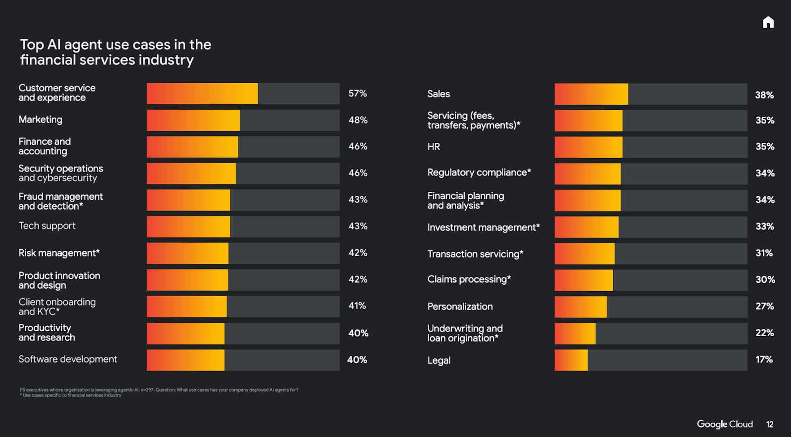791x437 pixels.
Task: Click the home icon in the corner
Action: (x=768, y=22)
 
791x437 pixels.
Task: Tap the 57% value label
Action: (x=357, y=93)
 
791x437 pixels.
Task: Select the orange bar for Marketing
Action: (x=193, y=120)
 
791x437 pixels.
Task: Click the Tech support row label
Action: (x=47, y=226)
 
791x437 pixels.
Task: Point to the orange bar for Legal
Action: (x=571, y=360)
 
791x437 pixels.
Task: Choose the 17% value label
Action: (x=764, y=359)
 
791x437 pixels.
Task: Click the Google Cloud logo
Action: (x=725, y=424)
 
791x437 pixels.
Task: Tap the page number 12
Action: (x=770, y=425)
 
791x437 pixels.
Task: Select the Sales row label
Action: (x=439, y=94)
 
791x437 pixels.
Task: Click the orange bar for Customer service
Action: (x=202, y=93)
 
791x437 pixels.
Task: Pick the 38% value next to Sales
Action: (x=764, y=95)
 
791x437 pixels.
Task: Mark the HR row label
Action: (x=434, y=147)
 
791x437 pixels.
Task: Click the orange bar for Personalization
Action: (x=580, y=306)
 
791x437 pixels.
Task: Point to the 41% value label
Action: (x=357, y=306)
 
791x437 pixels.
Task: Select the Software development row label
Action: (x=68, y=359)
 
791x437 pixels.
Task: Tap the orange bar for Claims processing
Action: (x=583, y=280)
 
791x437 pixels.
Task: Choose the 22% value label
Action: (x=764, y=333)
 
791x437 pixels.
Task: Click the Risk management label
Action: (x=59, y=253)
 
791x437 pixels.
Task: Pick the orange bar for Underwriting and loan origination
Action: (x=575, y=333)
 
